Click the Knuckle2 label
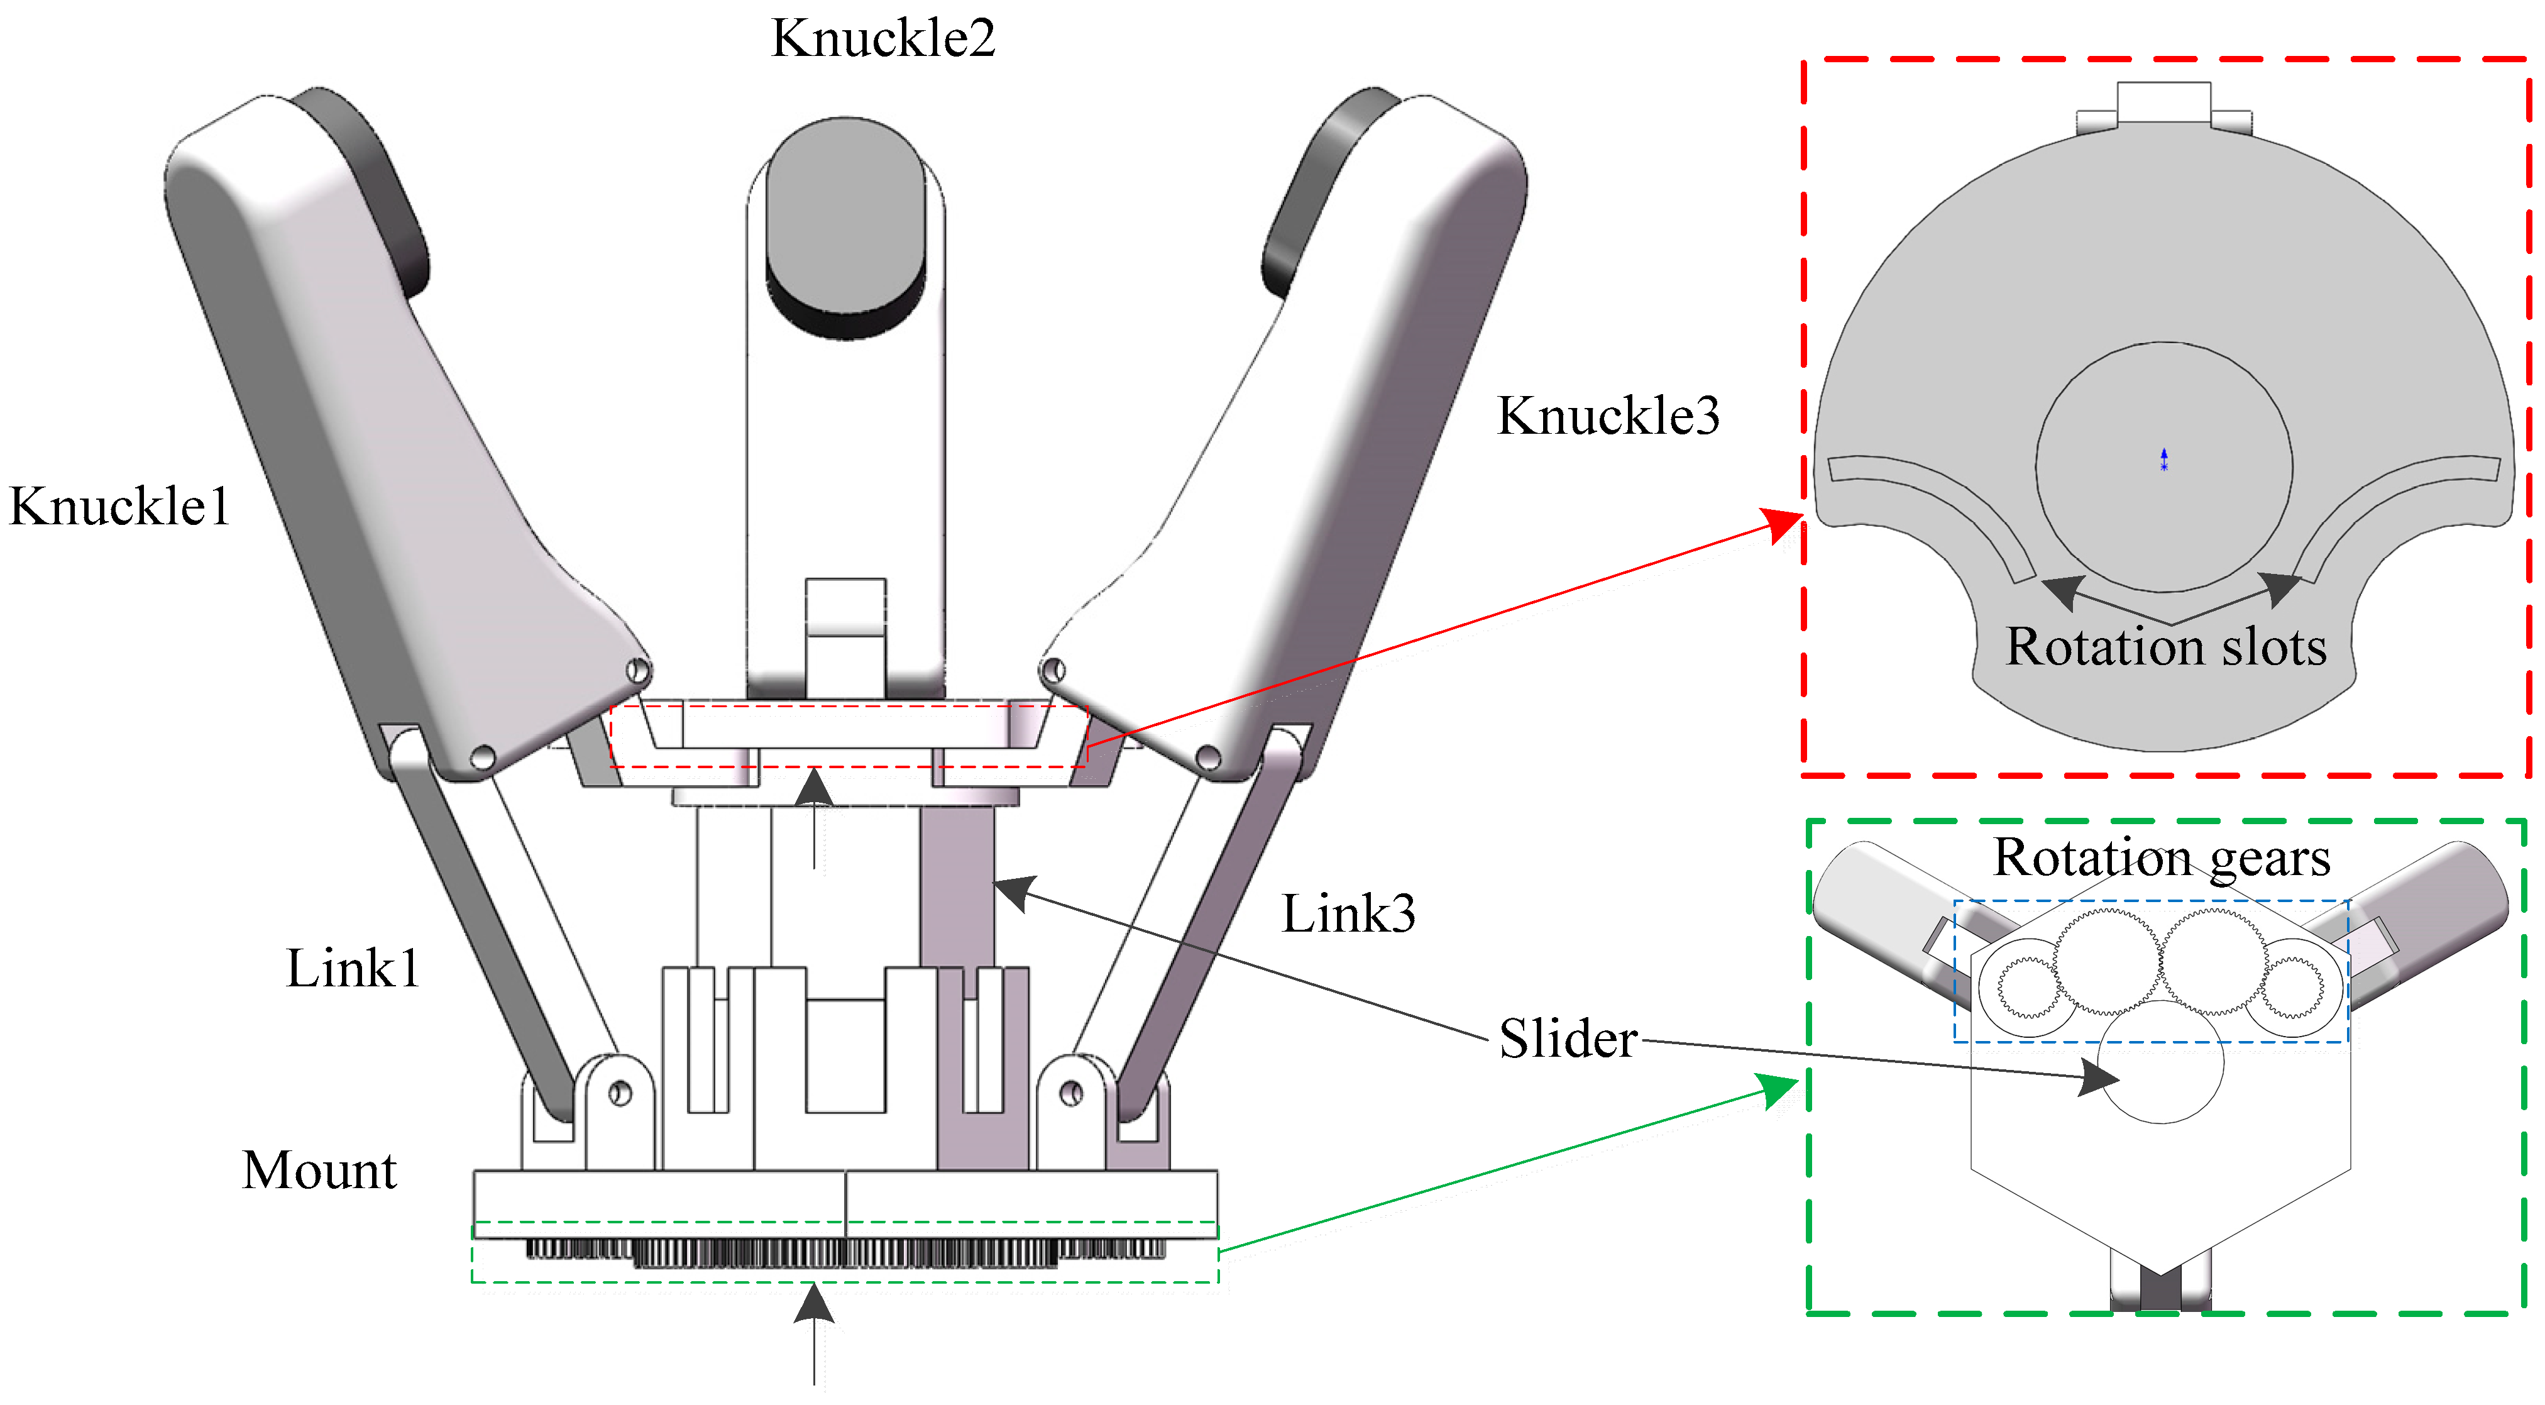882,40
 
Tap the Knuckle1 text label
119,507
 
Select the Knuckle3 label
1607,416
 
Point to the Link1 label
353,968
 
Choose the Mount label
319,1171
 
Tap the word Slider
1568,1039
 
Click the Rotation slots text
2165,647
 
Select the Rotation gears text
2162,857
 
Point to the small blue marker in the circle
2163,460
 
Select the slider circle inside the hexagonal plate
2161,1063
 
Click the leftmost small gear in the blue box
2027,987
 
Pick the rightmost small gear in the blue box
2292,987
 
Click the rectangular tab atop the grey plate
2163,102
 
